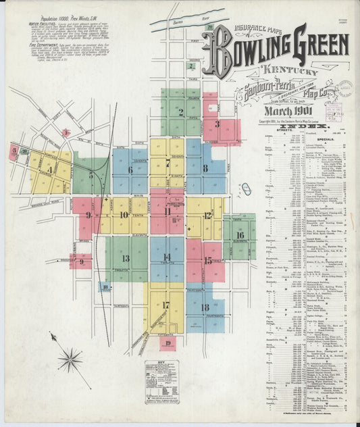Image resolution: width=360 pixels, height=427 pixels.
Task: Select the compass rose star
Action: point(69,359)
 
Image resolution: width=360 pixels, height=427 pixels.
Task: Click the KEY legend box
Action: point(165,381)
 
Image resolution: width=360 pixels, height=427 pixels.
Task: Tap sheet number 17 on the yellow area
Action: point(165,305)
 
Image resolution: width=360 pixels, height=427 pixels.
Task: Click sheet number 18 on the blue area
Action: point(205,307)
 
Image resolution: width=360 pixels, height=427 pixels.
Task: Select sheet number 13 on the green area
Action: point(126,258)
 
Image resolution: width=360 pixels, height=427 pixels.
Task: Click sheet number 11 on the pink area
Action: point(167,211)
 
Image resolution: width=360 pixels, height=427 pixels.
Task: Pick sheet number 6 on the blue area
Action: point(130,170)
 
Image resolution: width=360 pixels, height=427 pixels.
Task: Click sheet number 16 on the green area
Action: point(240,235)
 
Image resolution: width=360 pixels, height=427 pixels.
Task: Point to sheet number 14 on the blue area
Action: point(166,257)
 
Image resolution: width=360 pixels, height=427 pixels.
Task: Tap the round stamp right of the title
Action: point(344,90)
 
